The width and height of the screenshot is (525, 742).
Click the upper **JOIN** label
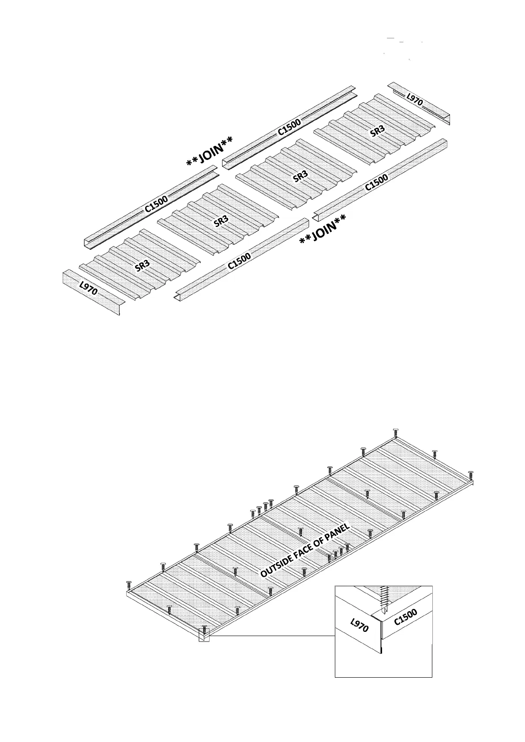209,152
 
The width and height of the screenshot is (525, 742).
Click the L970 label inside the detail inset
359,625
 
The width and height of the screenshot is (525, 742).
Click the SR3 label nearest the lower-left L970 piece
142,266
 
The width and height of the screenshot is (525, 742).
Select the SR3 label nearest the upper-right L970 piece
377,131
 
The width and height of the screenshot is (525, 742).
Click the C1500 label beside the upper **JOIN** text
289,126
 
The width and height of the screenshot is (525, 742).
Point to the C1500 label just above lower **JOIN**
376,182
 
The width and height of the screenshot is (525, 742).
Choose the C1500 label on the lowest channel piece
239,261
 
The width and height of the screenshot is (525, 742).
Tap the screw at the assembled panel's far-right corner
470,475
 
